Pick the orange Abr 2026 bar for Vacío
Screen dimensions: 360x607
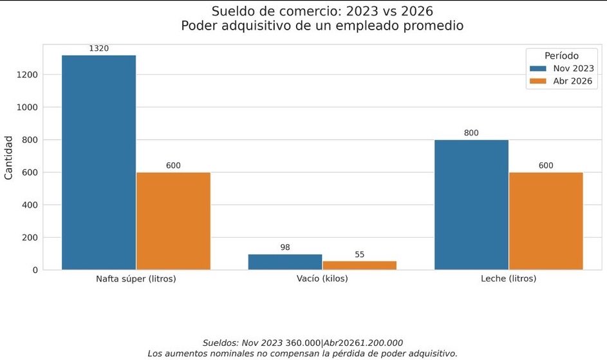point(359,265)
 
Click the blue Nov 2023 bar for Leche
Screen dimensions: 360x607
point(471,205)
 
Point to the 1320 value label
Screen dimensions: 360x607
point(98,48)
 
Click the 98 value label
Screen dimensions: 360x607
point(285,247)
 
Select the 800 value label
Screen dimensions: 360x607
point(471,133)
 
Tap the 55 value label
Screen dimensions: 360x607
point(359,254)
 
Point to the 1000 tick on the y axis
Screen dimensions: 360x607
point(26,108)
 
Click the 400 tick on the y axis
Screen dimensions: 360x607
point(29,205)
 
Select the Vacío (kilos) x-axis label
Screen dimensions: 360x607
point(322,279)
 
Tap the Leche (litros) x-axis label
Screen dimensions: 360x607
point(509,279)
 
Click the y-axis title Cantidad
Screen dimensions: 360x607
point(9,157)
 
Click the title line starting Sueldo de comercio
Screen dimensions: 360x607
point(322,11)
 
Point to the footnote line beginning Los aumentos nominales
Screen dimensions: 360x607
point(303,353)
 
